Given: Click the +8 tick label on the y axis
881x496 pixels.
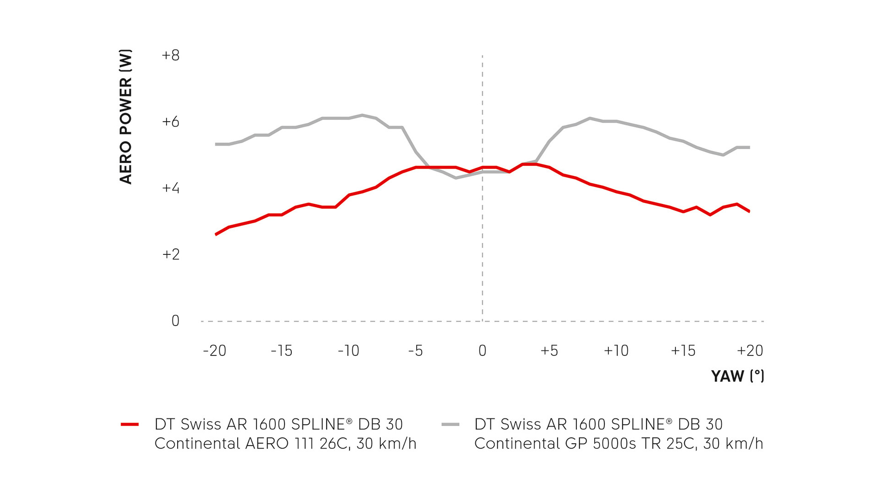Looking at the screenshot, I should [x=171, y=56].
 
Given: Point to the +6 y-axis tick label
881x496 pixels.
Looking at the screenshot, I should [x=171, y=122].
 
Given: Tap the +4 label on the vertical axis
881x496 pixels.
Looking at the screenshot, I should [x=171, y=188].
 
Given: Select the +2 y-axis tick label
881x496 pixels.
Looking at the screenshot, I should [x=171, y=254].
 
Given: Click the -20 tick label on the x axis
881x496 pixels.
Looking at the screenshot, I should [x=215, y=351].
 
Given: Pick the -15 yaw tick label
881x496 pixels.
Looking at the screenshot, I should [x=281, y=351].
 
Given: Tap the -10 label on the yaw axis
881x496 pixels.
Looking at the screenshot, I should [x=348, y=351].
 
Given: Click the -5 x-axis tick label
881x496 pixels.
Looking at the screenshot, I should [x=415, y=351].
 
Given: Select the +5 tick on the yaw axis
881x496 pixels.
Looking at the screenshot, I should [x=549, y=351].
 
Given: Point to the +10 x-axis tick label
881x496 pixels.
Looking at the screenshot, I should [x=616, y=351].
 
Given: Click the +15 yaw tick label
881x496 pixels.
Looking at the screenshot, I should [x=683, y=351].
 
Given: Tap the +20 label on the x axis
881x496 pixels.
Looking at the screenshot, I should [x=750, y=351].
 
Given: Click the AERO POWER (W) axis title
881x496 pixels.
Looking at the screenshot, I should [x=126, y=117].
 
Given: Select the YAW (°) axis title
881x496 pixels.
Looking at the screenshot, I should [x=737, y=376].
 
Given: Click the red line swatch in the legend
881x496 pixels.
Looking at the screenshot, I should [x=130, y=424].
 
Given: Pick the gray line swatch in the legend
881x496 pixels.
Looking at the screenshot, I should [x=450, y=424].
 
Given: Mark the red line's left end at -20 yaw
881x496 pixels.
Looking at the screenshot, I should [x=216, y=235].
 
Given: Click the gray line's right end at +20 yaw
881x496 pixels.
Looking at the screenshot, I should [x=749, y=147].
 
